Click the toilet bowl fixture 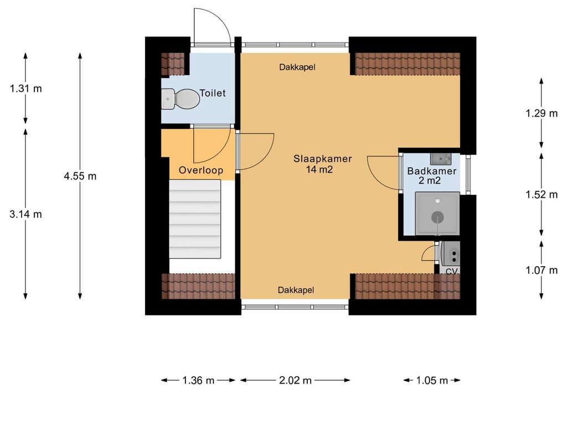181,99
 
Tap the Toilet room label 213,93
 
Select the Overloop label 201,170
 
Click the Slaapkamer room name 323,159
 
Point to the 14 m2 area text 319,169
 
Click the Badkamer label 432,171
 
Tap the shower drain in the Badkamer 438,217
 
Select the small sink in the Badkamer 440,159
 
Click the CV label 452,271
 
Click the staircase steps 195,219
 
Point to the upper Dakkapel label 297,67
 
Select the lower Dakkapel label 296,290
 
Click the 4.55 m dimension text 80,177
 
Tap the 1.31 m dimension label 25,88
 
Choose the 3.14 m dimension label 25,214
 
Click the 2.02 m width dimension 296,380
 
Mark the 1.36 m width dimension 199,380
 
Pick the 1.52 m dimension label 542,194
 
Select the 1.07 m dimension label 542,270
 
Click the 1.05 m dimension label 432,380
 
